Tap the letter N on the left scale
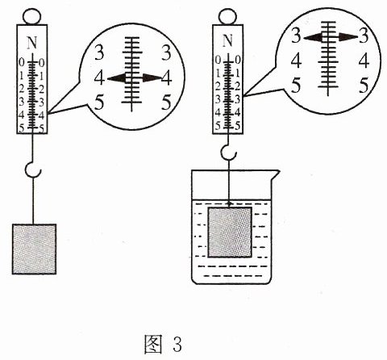click(32, 43)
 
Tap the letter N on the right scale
click(227, 41)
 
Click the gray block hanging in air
click(34, 249)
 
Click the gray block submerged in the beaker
click(230, 232)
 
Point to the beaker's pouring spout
click(274, 174)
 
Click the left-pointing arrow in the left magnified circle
click(117, 78)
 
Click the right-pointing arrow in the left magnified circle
click(152, 78)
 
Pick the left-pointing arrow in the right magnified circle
click(313, 38)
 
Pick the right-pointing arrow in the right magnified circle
click(348, 38)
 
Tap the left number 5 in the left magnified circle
click(99, 103)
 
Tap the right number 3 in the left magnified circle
click(166, 53)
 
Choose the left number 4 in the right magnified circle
click(296, 61)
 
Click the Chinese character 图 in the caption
click(153, 344)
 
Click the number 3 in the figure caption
click(177, 345)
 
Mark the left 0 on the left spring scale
click(22, 63)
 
